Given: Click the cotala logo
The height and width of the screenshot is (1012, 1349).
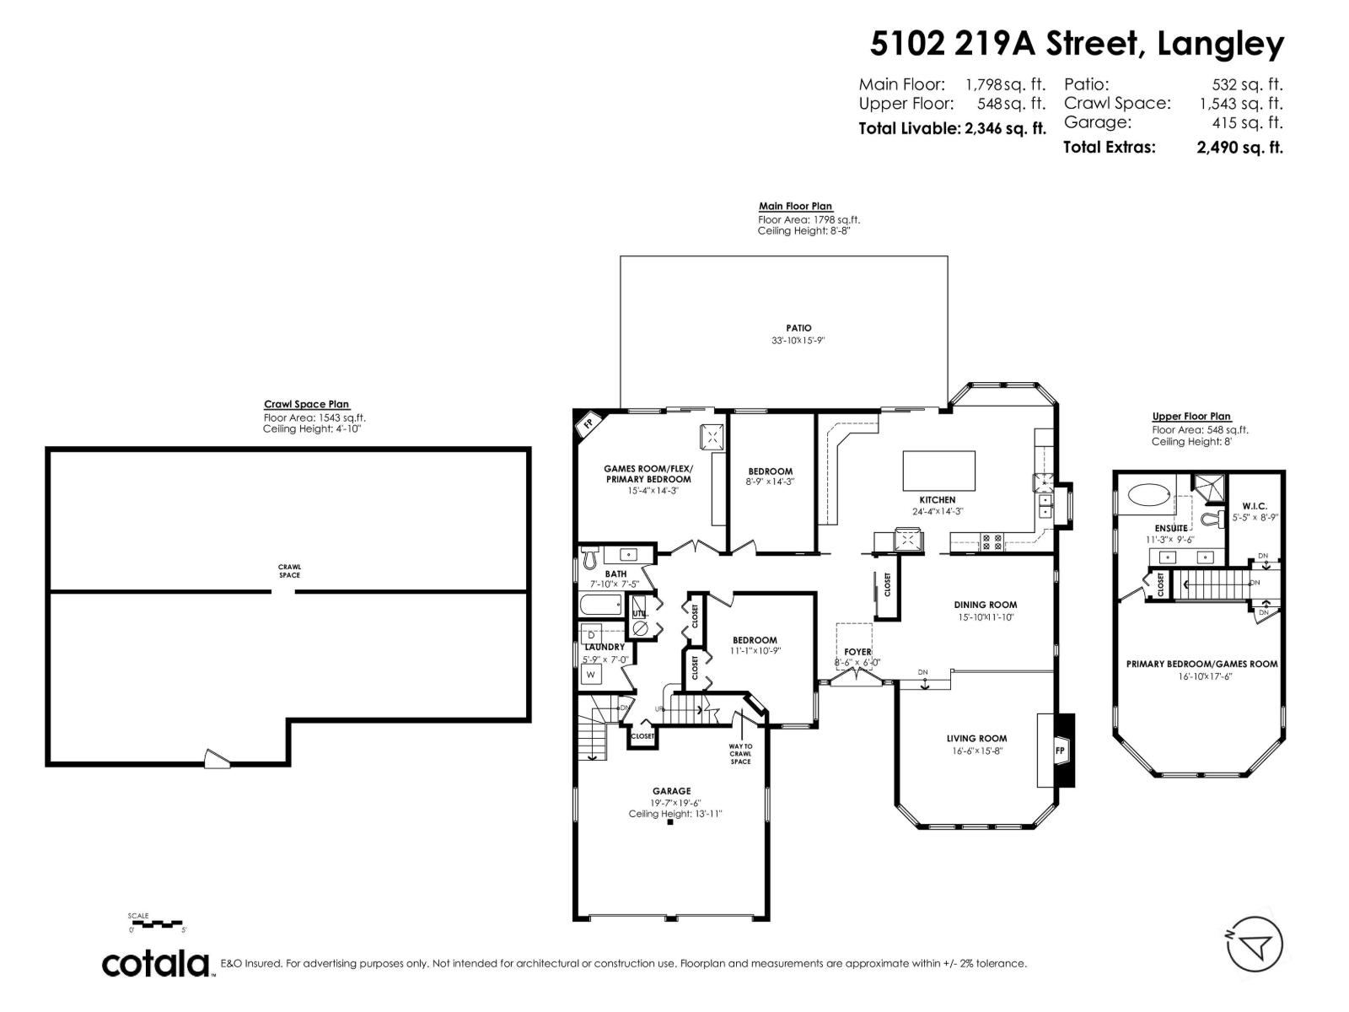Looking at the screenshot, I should [x=156, y=963].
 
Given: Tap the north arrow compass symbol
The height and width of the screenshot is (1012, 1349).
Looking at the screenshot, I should [x=1255, y=944].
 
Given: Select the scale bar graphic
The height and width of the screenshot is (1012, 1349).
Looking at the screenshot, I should [x=157, y=924].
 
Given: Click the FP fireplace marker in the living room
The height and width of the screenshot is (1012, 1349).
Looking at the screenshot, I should [x=1060, y=751].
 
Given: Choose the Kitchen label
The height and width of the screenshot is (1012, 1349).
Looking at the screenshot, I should [x=937, y=500].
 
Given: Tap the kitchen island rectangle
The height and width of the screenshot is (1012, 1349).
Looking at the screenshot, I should [x=939, y=471].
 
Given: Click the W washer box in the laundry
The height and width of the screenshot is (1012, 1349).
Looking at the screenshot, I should [x=591, y=675].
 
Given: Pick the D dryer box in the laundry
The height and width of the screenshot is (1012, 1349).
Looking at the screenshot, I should [x=591, y=634].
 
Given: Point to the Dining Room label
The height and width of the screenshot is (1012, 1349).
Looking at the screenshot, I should [x=985, y=605].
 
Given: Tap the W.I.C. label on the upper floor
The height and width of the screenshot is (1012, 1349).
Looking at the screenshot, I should [x=1255, y=506].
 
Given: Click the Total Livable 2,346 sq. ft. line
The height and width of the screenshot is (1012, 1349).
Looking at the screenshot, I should [x=952, y=129].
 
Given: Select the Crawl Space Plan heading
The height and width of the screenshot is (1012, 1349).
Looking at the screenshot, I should [x=306, y=405].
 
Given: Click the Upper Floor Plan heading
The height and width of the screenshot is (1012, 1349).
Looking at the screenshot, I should [x=1191, y=417].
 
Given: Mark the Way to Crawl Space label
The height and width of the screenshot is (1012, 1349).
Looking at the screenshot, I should [x=740, y=754].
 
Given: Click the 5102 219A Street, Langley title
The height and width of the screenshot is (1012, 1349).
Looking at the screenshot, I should [x=1077, y=44].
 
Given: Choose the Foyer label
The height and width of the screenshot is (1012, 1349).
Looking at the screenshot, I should [x=857, y=652].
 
